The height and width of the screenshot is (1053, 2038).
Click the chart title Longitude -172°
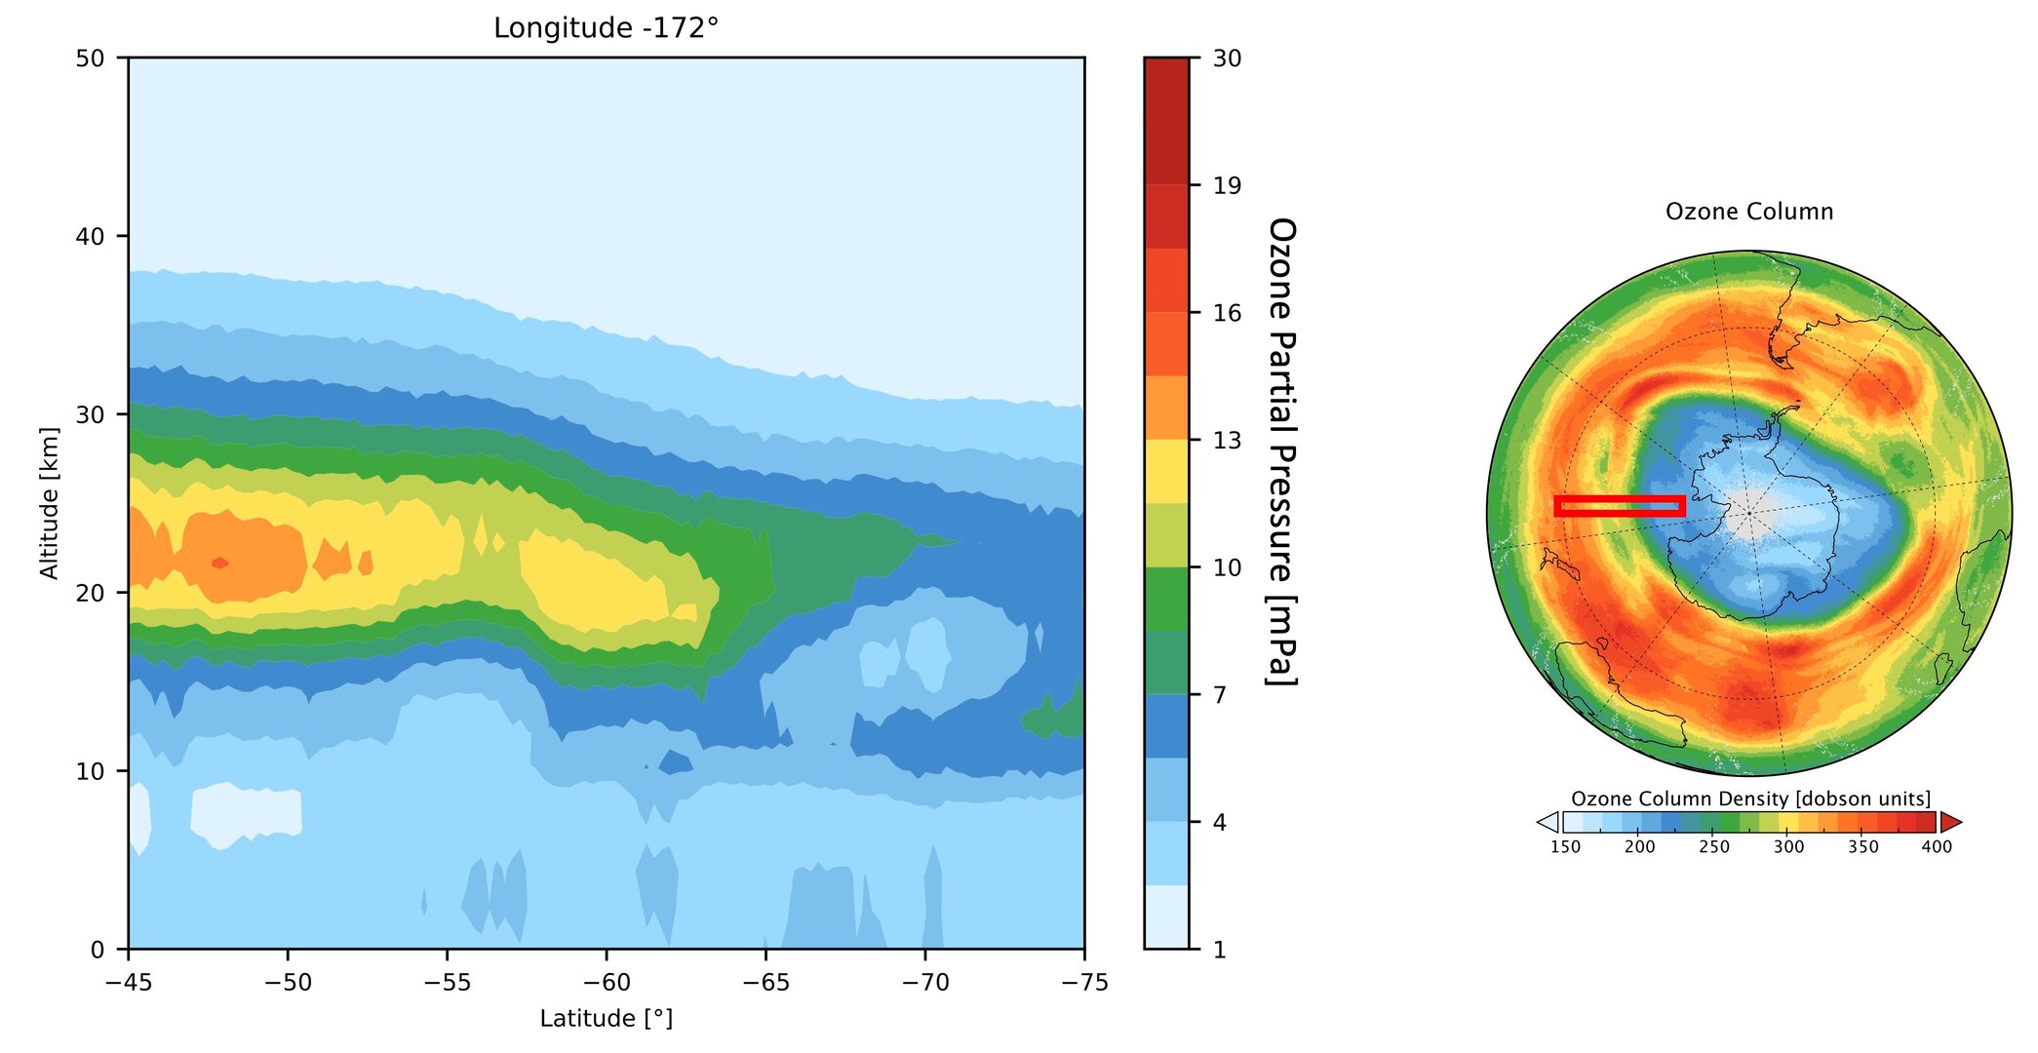606,28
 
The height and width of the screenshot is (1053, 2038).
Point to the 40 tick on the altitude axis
90,236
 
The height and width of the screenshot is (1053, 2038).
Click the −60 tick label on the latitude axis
606,983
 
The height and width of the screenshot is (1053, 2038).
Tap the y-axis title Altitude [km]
49,503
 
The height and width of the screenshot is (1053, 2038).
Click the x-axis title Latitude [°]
606,1019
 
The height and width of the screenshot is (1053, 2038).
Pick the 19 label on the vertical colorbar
1227,185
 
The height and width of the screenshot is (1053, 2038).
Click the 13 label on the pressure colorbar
1227,440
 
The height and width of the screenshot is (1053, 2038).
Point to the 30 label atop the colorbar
1227,58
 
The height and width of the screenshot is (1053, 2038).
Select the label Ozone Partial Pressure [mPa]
1281,451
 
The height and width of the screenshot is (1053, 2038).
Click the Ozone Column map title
1748,212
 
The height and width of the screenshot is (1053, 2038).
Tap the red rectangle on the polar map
1619,505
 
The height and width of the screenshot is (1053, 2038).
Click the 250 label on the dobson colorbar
1713,846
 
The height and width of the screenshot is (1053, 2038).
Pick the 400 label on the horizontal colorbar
1936,846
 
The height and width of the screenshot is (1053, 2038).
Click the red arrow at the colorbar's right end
1949,822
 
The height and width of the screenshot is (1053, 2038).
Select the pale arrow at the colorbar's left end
1548,822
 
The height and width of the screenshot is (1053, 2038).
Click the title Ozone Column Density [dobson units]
1749,799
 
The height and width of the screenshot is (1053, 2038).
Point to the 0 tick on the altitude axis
97,949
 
